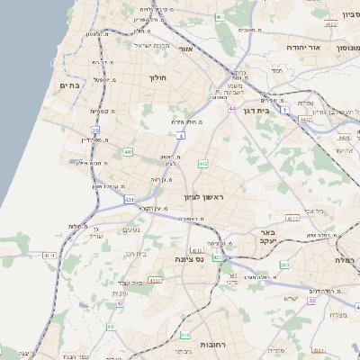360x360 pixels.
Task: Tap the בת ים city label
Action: [69, 85]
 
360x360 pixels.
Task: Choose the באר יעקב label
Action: [265, 236]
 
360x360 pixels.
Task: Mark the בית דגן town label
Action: [257, 111]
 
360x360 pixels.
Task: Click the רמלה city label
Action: [346, 259]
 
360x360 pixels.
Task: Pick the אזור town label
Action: [186, 49]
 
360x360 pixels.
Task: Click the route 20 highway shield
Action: [94, 130]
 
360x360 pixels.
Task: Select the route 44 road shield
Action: [232, 109]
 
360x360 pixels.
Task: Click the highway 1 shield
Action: [286, 110]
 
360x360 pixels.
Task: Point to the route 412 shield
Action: [203, 164]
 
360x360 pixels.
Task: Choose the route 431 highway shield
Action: [130, 200]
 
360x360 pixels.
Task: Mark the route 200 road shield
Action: [284, 265]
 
